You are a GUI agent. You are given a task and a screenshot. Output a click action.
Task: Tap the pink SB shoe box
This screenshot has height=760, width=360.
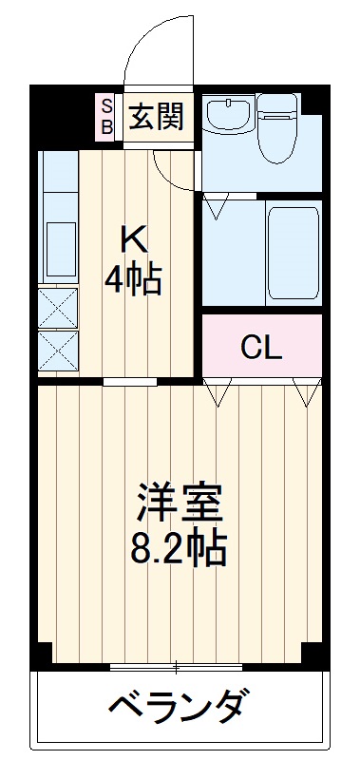pyautogui.click(x=106, y=116)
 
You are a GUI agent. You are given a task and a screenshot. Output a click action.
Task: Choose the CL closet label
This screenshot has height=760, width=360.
pyautogui.click(x=260, y=348)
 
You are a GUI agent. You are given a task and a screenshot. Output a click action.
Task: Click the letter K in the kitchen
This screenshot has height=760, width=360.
pyautogui.click(x=131, y=235)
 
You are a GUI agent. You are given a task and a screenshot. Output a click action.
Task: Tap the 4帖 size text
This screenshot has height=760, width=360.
pyautogui.click(x=133, y=279)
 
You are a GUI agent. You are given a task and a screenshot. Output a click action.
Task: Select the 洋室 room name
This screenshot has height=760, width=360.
pyautogui.click(x=180, y=503)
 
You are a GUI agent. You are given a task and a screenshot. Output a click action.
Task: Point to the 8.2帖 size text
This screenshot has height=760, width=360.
pyautogui.click(x=180, y=548)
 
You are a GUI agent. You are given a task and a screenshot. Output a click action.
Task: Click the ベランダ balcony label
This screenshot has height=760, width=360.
pyautogui.click(x=180, y=707)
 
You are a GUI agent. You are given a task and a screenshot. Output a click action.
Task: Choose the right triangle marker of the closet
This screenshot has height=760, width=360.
pyautogui.click(x=306, y=390)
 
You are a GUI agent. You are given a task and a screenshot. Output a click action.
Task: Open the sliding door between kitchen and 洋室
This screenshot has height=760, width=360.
pyautogui.click(x=130, y=382)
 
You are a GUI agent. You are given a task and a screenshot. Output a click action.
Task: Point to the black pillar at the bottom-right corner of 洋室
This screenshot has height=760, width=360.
pyautogui.click(x=313, y=655)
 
